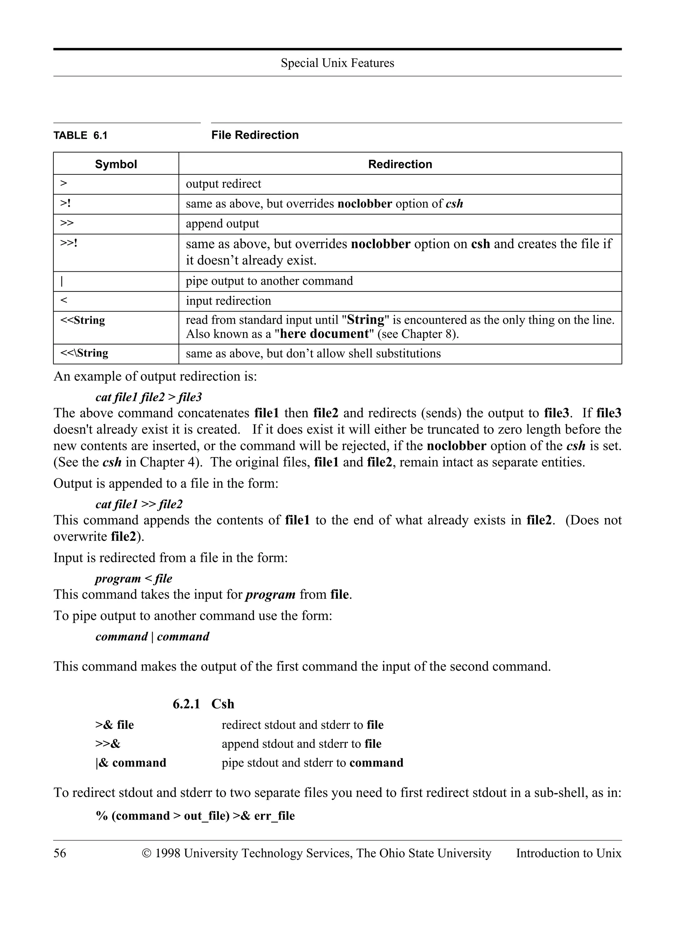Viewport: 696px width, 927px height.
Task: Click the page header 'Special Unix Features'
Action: (x=337, y=63)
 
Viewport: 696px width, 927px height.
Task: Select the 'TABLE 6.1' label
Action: (x=81, y=135)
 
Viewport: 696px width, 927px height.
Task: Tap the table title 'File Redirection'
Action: (x=255, y=135)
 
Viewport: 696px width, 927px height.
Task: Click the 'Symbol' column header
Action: (x=116, y=164)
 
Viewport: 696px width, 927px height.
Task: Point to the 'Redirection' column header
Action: (x=400, y=164)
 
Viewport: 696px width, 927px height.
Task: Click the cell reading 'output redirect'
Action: (x=223, y=184)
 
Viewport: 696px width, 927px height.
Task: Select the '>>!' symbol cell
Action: (x=69, y=243)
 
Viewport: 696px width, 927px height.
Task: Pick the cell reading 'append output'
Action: (x=222, y=224)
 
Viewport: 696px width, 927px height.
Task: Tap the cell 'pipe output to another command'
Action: (x=269, y=281)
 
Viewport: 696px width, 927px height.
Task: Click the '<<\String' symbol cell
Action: (x=84, y=353)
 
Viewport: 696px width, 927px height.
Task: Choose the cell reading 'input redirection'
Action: (x=228, y=301)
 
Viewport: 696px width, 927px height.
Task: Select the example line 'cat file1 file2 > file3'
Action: (x=149, y=397)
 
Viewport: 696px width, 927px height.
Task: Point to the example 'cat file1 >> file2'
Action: (x=139, y=504)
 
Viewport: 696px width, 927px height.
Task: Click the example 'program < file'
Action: (x=134, y=579)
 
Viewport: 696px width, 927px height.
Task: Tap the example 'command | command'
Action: (x=152, y=637)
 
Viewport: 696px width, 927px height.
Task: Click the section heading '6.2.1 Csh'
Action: (x=204, y=704)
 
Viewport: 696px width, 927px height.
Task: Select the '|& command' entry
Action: (x=130, y=762)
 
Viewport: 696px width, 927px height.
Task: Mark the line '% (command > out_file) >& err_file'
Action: (x=195, y=816)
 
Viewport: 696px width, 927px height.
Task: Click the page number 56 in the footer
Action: (x=59, y=853)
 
